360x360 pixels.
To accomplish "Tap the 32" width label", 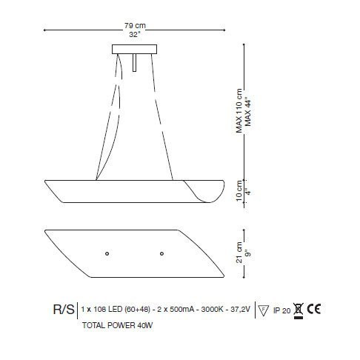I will pos(133,34).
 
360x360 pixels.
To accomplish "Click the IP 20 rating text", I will pos(281,310).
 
